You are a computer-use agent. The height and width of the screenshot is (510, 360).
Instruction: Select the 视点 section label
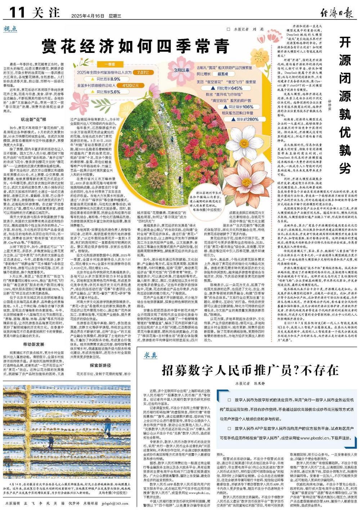pos(12,29)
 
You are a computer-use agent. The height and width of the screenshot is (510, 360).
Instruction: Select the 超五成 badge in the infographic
pos(222,74)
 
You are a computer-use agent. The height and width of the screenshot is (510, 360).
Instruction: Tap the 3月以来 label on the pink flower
pos(182,70)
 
